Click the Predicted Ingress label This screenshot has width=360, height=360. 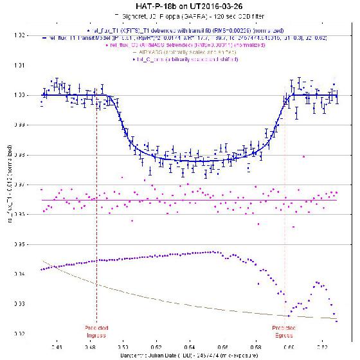tap(96, 331)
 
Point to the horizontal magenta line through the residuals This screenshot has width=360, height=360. tap(193, 200)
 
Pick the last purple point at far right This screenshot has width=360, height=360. tap(336, 321)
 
